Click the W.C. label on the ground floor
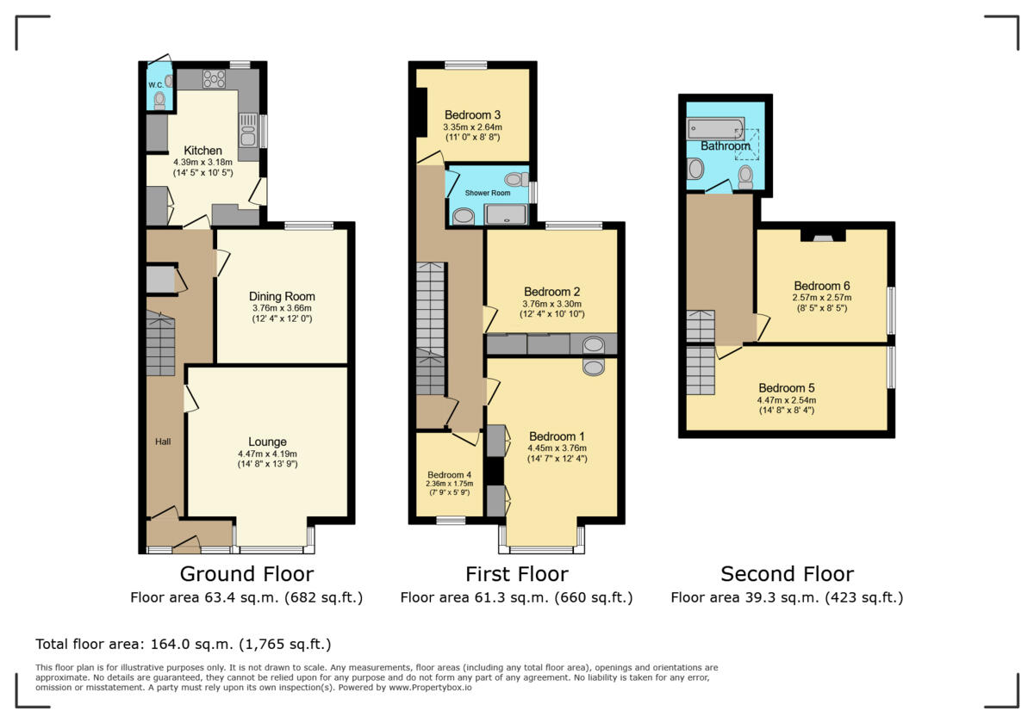pos(155,84)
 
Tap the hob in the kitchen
pos(214,79)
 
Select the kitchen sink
pos(248,133)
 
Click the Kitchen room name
pos(202,151)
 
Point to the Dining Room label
pos(282,296)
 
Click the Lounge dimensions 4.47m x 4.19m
pos(268,454)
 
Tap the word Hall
pos(163,442)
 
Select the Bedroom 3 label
pos(472,114)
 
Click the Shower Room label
pos(489,193)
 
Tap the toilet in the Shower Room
pos(516,180)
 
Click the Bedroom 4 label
pos(450,474)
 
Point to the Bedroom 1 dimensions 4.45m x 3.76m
pos(557,448)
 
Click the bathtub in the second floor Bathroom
pos(715,129)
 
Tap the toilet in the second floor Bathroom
pos(745,176)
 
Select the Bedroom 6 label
pos(822,286)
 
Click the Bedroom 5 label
pos(786,387)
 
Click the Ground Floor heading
pos(246,573)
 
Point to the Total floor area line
pos(183,644)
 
